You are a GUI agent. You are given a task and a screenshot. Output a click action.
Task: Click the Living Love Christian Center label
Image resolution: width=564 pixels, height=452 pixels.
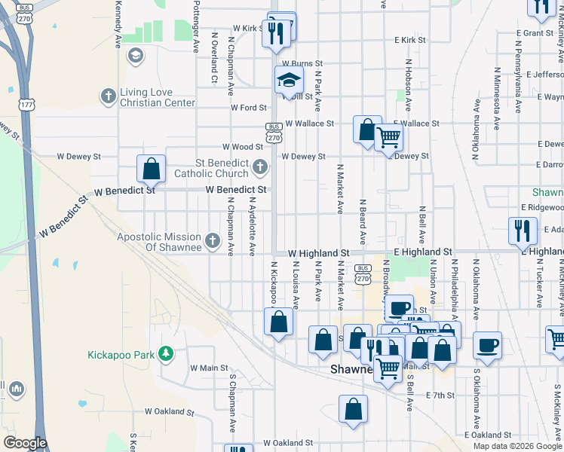[157, 96]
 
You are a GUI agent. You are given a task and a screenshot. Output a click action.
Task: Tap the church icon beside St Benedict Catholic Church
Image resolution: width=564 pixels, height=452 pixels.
[260, 166]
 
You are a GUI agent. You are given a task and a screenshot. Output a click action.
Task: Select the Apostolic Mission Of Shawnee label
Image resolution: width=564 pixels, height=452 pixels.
[159, 242]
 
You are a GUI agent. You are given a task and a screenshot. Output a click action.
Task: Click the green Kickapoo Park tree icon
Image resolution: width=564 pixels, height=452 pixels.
[166, 353]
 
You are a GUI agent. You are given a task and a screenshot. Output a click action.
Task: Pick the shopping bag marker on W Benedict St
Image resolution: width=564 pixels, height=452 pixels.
[151, 169]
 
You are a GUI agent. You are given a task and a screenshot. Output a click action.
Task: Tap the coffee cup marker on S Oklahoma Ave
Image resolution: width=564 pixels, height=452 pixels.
[487, 347]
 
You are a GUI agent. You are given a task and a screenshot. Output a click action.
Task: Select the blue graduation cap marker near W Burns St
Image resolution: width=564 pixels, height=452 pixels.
[288, 81]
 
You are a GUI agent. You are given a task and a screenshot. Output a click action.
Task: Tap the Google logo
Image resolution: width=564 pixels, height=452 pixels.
[25, 442]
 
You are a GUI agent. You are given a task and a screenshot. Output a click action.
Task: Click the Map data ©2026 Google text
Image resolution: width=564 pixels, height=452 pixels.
[517, 446]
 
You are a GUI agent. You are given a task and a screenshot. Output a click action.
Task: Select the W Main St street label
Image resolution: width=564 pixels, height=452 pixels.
[209, 368]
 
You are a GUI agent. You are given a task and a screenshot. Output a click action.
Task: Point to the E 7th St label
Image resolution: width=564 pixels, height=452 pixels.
[442, 395]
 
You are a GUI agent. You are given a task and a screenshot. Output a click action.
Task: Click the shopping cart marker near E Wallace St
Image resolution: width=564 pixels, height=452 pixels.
[388, 139]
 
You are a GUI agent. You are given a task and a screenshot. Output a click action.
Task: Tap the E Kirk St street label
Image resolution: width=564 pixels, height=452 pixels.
[409, 40]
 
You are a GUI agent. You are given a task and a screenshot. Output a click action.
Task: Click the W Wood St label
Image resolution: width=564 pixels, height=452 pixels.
[242, 147]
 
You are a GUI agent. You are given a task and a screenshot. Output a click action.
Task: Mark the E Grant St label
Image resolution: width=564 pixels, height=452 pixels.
[536, 33]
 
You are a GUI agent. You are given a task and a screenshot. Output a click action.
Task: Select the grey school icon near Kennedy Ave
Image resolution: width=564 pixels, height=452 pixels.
[135, 55]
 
